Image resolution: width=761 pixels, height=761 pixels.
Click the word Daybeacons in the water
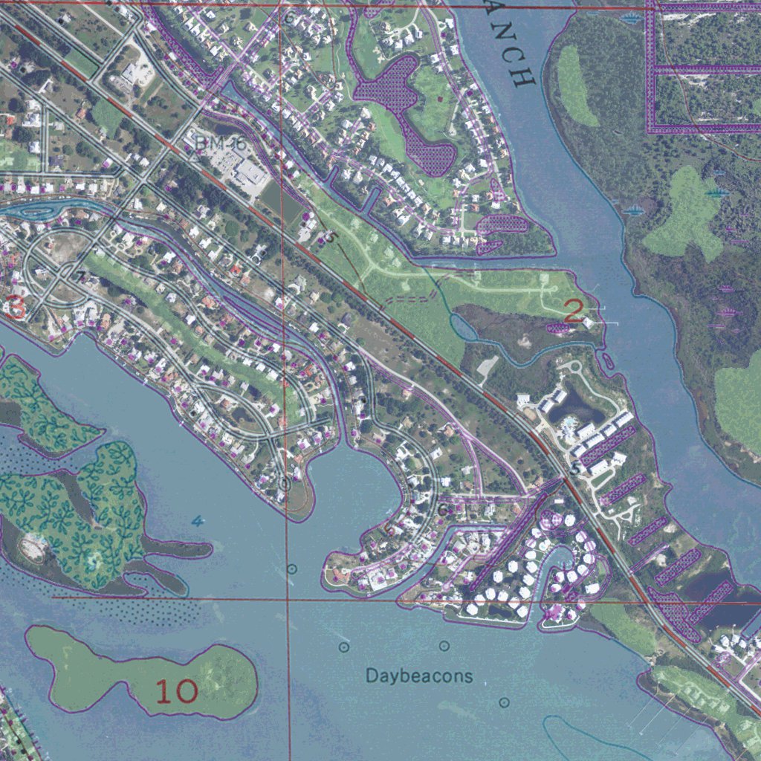(419, 676)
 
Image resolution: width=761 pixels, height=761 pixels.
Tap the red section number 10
(177, 692)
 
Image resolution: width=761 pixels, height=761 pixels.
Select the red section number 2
(573, 311)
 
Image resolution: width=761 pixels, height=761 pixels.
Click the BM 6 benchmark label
(210, 142)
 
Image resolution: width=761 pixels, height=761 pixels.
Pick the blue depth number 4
(197, 521)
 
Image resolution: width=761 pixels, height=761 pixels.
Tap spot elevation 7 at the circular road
(82, 277)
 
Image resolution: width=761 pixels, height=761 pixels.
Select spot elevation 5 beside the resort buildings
(574, 469)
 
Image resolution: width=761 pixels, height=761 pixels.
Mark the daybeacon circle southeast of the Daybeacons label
(505, 702)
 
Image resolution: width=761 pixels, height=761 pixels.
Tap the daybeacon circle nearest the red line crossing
(292, 569)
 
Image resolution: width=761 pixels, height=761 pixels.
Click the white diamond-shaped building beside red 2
(589, 323)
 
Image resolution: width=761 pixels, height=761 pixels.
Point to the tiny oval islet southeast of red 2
(609, 361)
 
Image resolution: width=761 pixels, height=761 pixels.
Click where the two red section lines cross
(288, 599)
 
